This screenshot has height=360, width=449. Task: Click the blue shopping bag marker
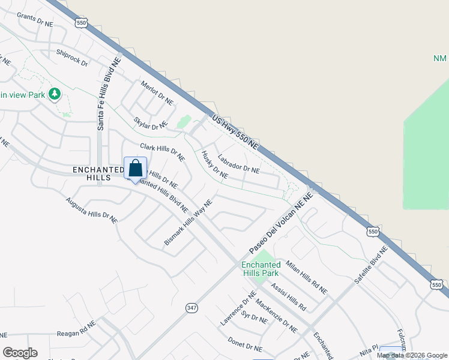[135, 167]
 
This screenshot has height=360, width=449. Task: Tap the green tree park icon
[55, 94]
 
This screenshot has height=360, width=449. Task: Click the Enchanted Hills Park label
[261, 269]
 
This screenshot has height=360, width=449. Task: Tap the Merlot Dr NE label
[157, 91]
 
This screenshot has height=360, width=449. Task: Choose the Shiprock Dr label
[72, 58]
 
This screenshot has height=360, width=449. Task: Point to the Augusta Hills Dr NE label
[92, 209]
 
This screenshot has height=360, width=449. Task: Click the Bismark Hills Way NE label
[188, 223]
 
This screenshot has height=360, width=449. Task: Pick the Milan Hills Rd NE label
[306, 277]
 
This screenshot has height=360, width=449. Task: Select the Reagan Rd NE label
[76, 332]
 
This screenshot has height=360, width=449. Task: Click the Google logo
[20, 353]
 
